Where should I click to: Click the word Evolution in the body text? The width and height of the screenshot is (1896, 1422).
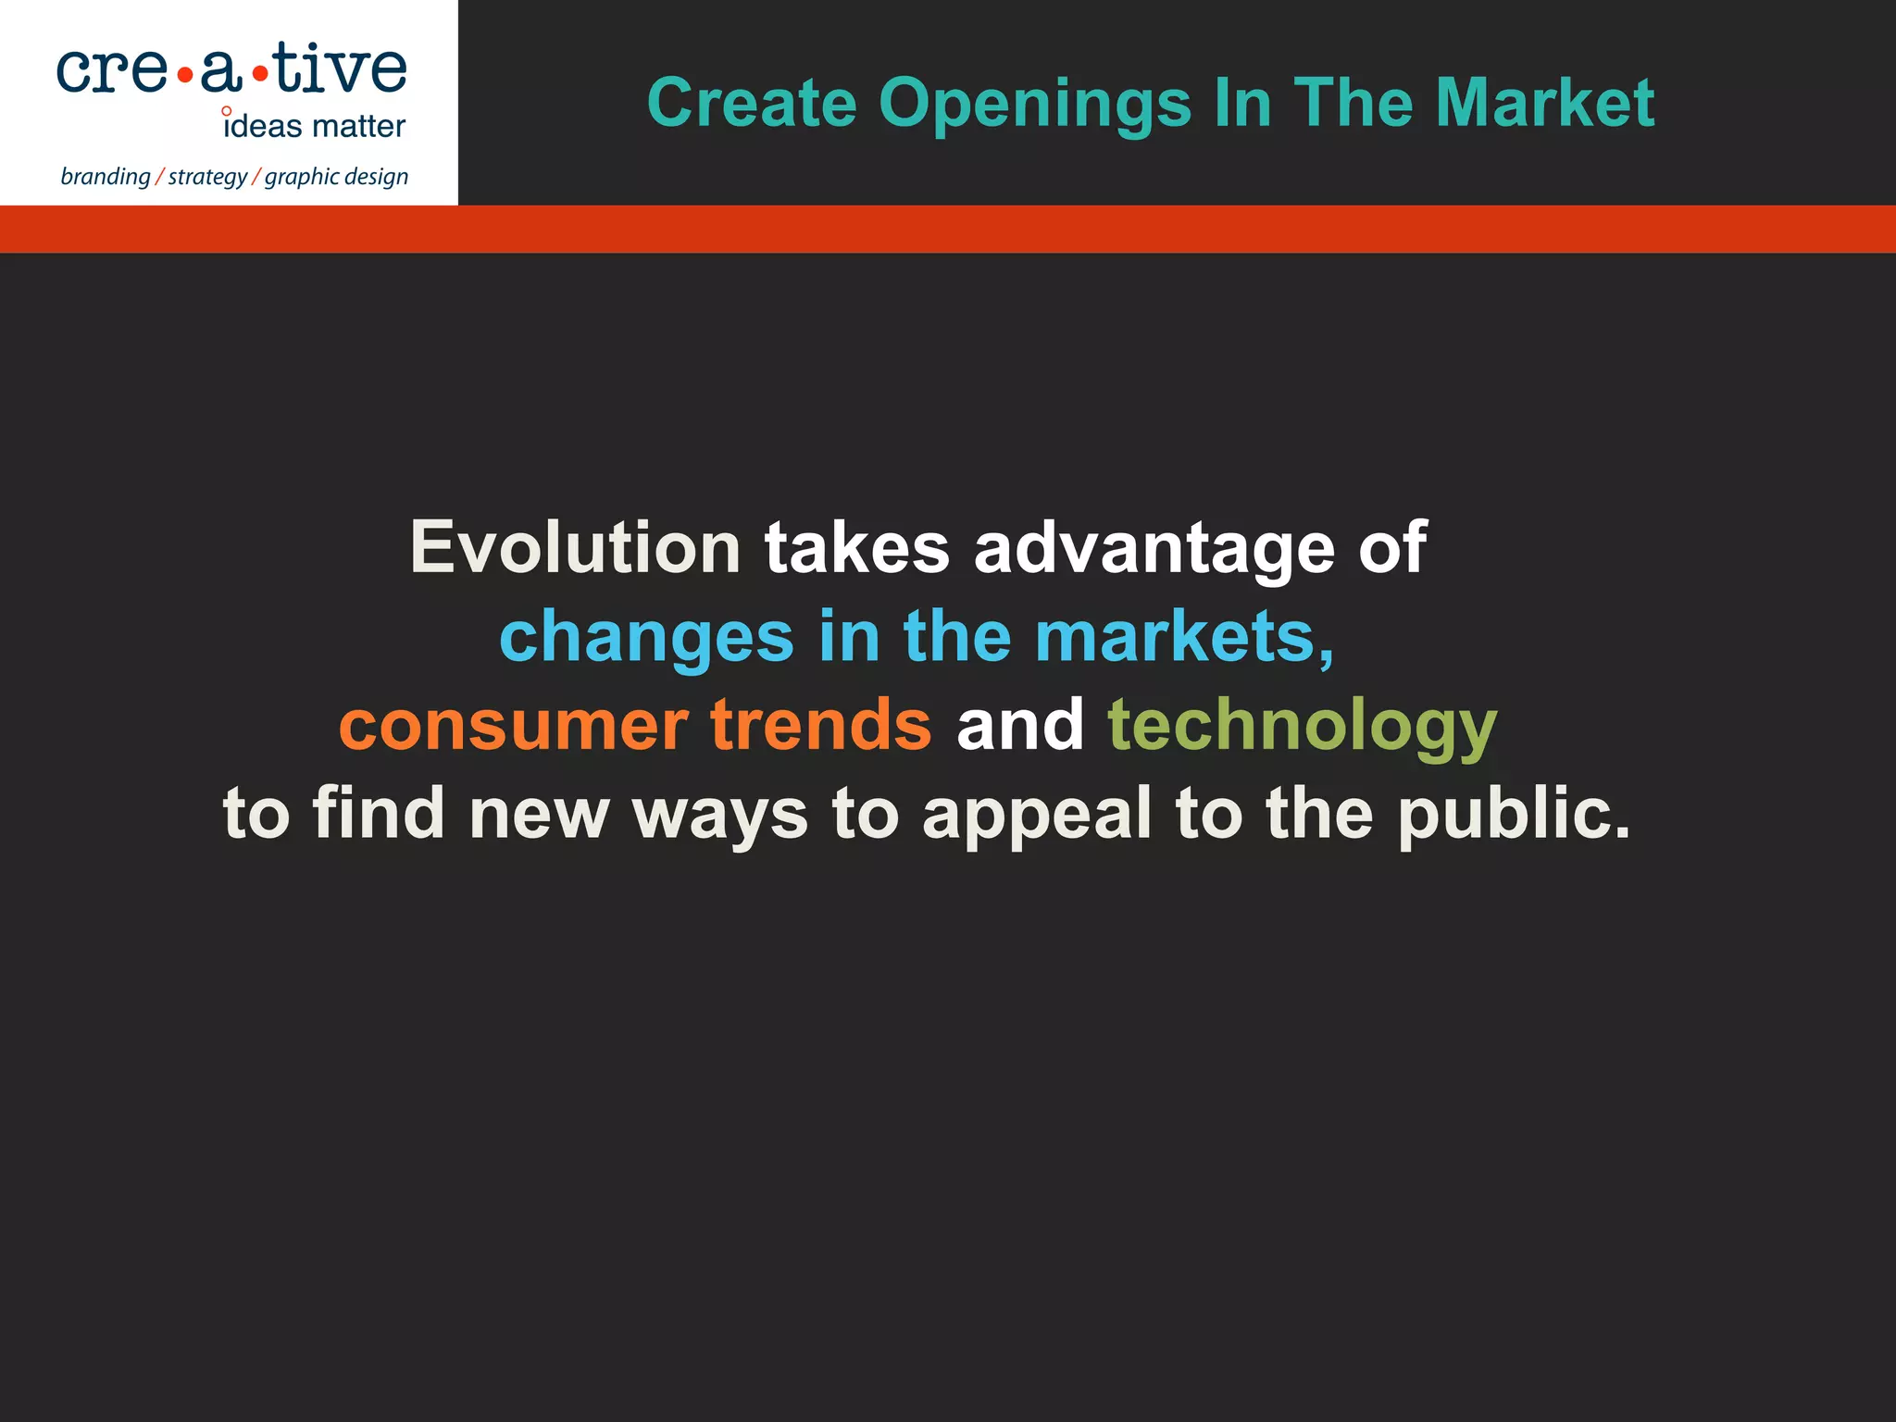click(575, 548)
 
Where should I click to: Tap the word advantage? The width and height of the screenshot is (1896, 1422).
click(1154, 548)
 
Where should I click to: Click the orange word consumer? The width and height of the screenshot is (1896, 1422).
click(513, 725)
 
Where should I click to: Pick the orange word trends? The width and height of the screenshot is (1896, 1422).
click(820, 725)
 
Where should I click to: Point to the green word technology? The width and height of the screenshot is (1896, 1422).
click(1302, 727)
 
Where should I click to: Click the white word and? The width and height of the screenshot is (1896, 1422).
click(1019, 725)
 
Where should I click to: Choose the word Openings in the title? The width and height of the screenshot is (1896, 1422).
click(1034, 104)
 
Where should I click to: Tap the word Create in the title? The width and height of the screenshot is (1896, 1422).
click(752, 102)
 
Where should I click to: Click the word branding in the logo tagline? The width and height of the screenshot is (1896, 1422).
click(105, 177)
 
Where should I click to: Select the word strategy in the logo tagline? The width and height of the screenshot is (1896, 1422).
click(207, 177)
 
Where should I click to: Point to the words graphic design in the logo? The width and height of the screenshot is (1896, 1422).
click(336, 177)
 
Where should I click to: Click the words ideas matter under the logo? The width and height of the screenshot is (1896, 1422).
click(314, 126)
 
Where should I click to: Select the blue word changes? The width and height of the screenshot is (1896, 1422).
click(646, 637)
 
